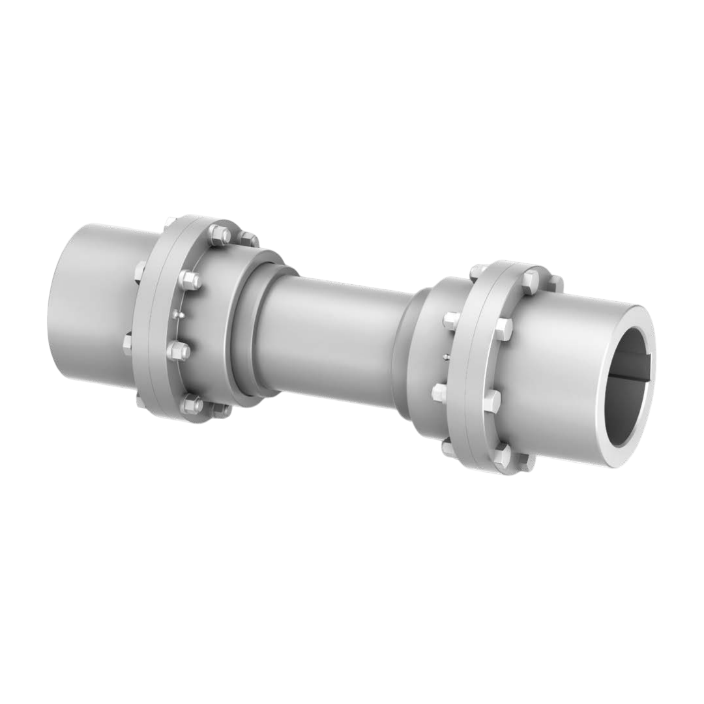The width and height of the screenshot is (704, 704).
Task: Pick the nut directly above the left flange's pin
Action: pyautogui.click(x=189, y=280)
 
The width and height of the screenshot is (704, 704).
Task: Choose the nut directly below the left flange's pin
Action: pyautogui.click(x=178, y=351)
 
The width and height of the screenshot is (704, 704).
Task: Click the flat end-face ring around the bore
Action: pyautogui.click(x=645, y=417)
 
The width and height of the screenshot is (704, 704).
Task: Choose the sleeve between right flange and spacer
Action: pyautogui.click(x=424, y=365)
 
